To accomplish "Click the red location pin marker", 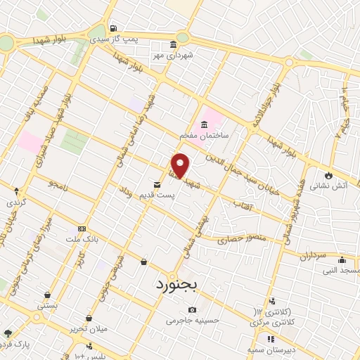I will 181,165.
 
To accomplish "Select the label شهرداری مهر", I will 179,54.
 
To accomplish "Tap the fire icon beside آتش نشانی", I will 328,174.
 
